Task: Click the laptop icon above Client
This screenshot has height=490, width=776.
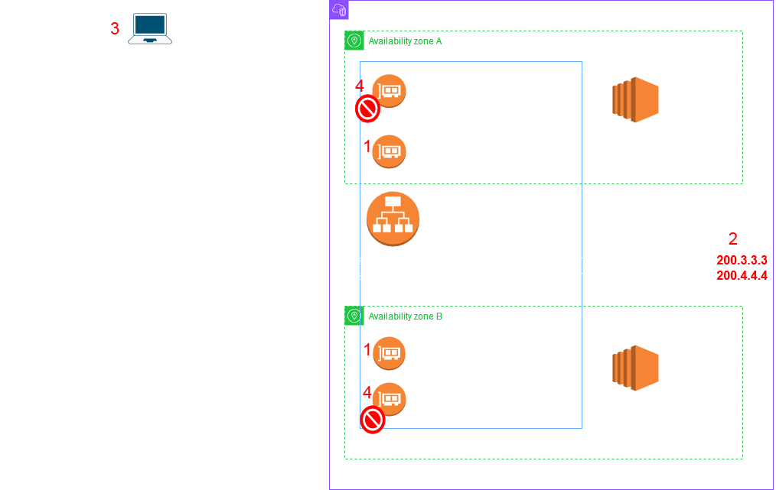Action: point(151,28)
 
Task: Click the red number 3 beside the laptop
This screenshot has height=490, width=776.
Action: point(115,29)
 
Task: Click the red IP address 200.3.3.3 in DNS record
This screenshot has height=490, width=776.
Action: point(742,261)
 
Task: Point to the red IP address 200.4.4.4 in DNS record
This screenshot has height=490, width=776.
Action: point(742,275)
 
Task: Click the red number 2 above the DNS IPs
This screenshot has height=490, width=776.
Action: point(733,238)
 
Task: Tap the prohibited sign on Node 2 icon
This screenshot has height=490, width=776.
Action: point(373,420)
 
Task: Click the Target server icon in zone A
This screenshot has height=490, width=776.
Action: point(635,100)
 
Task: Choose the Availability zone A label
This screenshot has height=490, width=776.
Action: point(405,41)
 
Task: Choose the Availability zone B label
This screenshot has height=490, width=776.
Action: point(405,316)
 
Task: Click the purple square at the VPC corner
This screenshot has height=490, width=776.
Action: point(339,10)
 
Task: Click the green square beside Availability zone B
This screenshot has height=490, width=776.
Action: point(354,316)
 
